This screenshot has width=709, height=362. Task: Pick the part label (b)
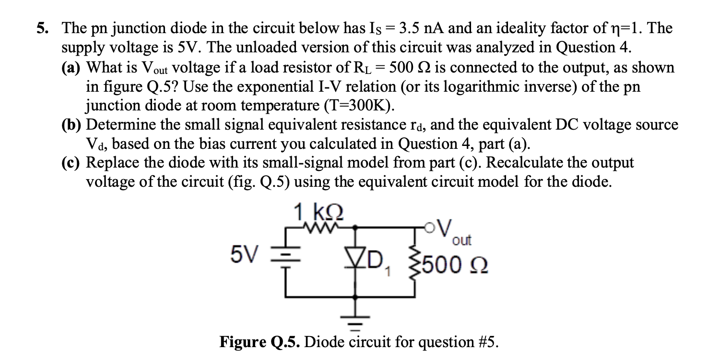point(73,125)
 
